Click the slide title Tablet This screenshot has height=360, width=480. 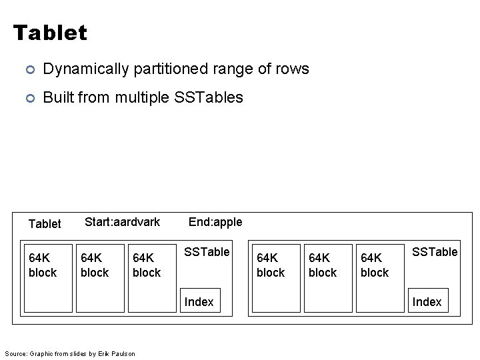coord(50,33)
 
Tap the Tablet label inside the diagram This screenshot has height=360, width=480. coord(45,223)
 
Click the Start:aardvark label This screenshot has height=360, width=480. coord(123,222)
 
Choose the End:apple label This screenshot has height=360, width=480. coord(215,222)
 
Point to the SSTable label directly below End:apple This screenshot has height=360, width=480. coord(207,252)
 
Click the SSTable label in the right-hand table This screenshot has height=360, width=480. coord(435,252)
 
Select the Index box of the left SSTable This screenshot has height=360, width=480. coord(199,302)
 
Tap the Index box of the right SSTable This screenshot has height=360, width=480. coord(427,302)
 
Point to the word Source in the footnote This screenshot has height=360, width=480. coord(15,353)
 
